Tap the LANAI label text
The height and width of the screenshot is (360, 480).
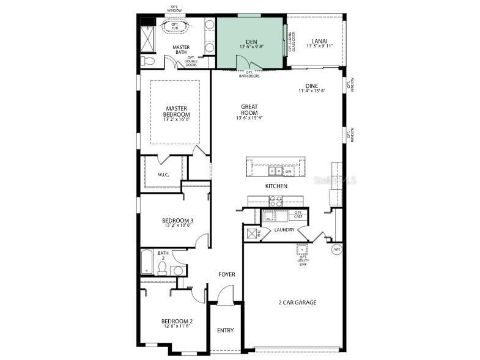(x=319, y=42)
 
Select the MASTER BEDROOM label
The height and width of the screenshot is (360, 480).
(x=176, y=112)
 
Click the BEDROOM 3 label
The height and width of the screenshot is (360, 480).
(x=178, y=221)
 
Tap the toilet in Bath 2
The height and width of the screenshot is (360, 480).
(x=161, y=268)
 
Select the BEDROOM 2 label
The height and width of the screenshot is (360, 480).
(x=177, y=322)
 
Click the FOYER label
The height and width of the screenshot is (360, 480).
(x=227, y=274)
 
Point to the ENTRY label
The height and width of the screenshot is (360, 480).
(x=225, y=331)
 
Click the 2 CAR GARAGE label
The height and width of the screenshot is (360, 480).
(x=297, y=302)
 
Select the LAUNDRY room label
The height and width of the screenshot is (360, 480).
(x=284, y=230)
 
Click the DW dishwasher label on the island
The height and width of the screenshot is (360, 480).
(x=289, y=172)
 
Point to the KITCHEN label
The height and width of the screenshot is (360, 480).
(x=276, y=186)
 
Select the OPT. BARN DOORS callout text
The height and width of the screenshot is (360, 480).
(x=249, y=75)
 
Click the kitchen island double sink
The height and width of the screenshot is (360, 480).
(x=275, y=171)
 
